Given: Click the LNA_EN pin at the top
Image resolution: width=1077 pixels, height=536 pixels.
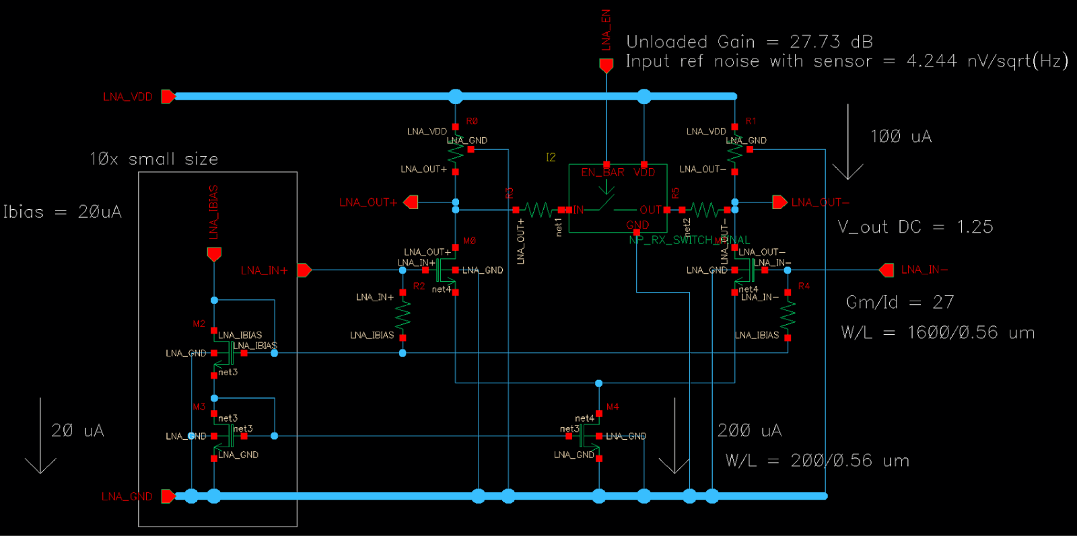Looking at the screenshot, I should pos(606,65).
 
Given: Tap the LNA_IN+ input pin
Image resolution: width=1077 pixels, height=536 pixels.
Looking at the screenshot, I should pos(304,270).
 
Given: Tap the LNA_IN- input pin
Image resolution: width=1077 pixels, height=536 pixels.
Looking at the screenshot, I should pos(887,270).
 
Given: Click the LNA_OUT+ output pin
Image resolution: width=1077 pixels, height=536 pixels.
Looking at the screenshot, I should pos(411,202).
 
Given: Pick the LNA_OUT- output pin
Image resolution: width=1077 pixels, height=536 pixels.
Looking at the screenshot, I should pos(779,202).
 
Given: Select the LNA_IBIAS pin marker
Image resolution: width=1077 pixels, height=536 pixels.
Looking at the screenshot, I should pos(214,254).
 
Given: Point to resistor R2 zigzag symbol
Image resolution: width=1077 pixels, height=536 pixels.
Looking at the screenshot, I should pos(403,315).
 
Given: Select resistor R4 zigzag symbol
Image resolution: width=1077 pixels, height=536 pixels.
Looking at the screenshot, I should pos(788,315).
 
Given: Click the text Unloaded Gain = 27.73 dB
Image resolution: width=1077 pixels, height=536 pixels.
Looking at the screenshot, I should pos(749,42).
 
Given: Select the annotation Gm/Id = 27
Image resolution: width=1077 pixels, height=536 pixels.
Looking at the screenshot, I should pos(899,302).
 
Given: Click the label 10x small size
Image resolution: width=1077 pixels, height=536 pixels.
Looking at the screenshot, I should pos(154,159).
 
